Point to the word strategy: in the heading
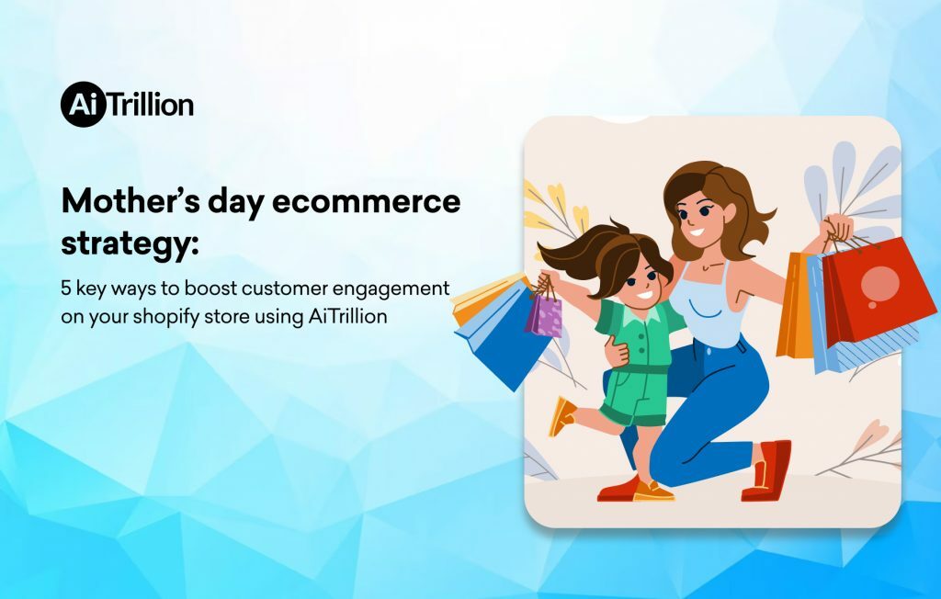click(x=130, y=243)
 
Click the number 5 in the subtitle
click(x=67, y=288)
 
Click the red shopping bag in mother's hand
click(x=878, y=289)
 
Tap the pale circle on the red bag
click(x=879, y=281)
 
